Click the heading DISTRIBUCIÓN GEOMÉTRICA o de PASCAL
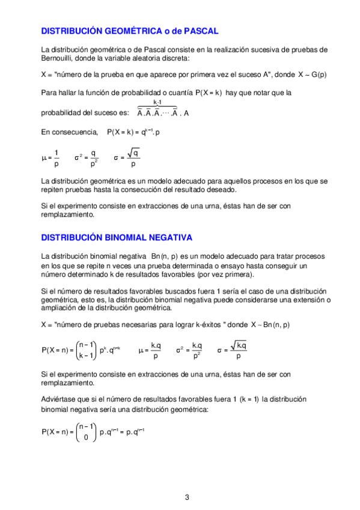(x=129, y=31)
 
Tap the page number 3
(x=187, y=497)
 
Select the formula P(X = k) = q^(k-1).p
(x=133, y=132)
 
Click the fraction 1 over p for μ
(x=56, y=158)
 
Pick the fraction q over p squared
(x=94, y=158)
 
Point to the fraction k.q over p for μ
(x=156, y=350)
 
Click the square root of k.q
(x=239, y=345)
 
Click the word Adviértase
(x=61, y=399)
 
